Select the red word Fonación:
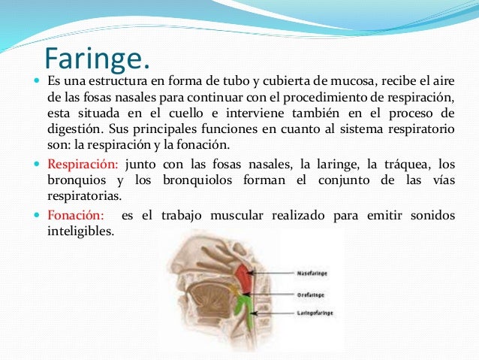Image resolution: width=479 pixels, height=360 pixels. [77, 216]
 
